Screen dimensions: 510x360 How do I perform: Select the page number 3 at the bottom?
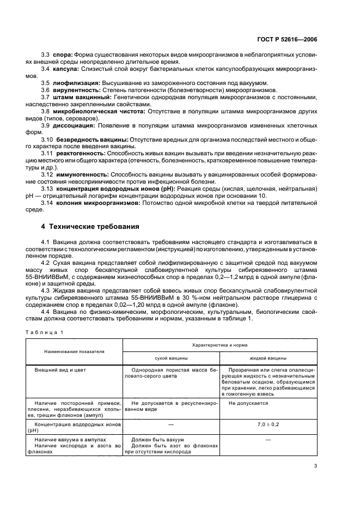(315, 465)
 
